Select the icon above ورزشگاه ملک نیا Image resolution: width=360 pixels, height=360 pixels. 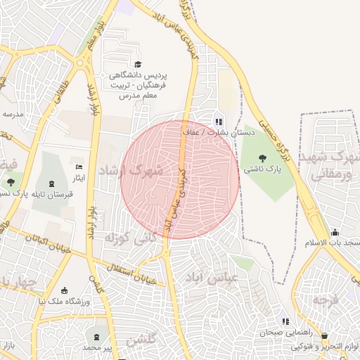coord(65,291)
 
